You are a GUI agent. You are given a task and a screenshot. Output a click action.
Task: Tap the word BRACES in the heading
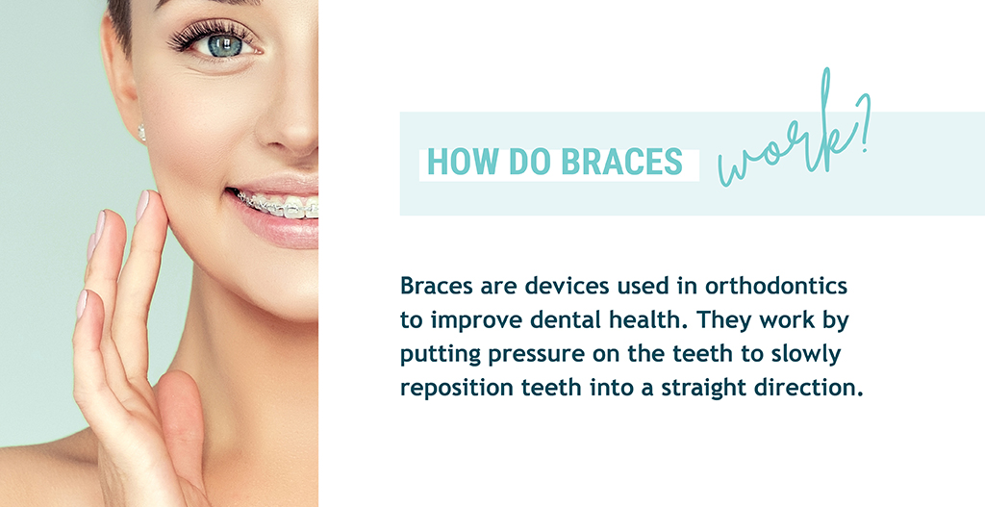[621, 162]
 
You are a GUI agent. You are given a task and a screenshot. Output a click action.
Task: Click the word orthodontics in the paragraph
[776, 287]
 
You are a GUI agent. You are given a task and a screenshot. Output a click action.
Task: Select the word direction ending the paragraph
[808, 389]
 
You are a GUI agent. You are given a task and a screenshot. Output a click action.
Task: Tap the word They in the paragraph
[721, 320]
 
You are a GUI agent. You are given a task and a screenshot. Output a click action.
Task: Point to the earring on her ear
[142, 133]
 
